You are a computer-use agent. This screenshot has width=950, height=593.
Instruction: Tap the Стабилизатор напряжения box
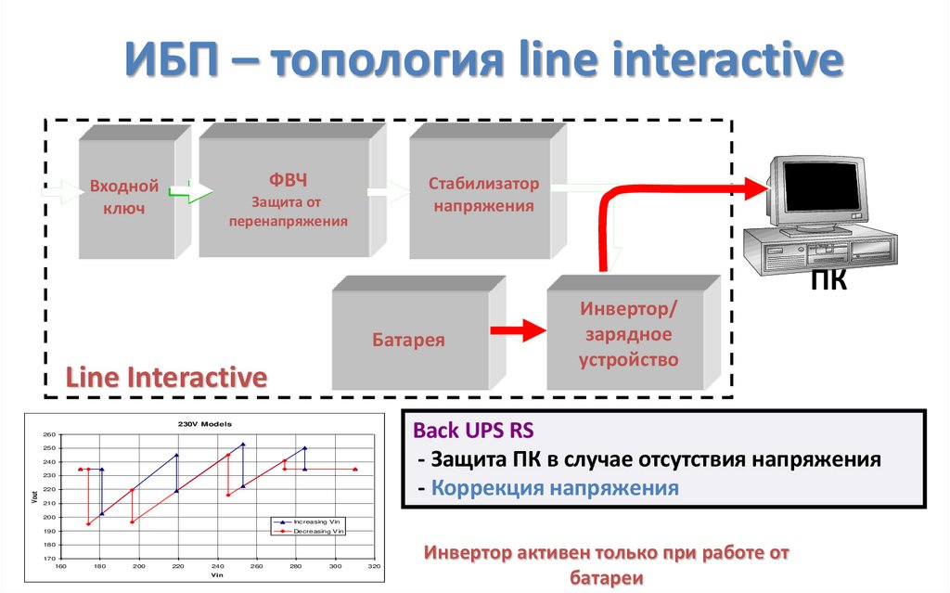(482, 195)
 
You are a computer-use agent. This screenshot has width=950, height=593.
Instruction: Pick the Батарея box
(409, 340)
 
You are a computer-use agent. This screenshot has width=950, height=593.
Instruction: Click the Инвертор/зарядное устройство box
(628, 334)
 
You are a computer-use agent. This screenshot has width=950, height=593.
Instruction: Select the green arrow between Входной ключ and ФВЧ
(191, 193)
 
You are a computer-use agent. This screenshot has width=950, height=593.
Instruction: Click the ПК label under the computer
(828, 279)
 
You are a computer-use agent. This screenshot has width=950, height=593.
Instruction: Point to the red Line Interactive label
(166, 378)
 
